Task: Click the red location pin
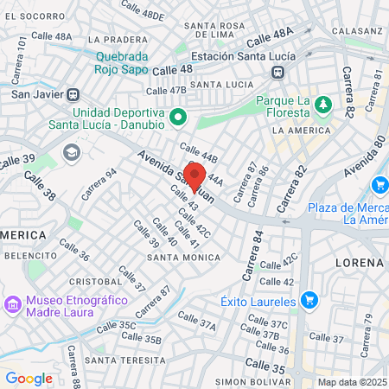194,176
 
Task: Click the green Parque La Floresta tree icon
322,105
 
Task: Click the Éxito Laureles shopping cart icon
309,301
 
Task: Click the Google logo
29,378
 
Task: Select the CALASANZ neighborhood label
355,30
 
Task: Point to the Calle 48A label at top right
270,39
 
